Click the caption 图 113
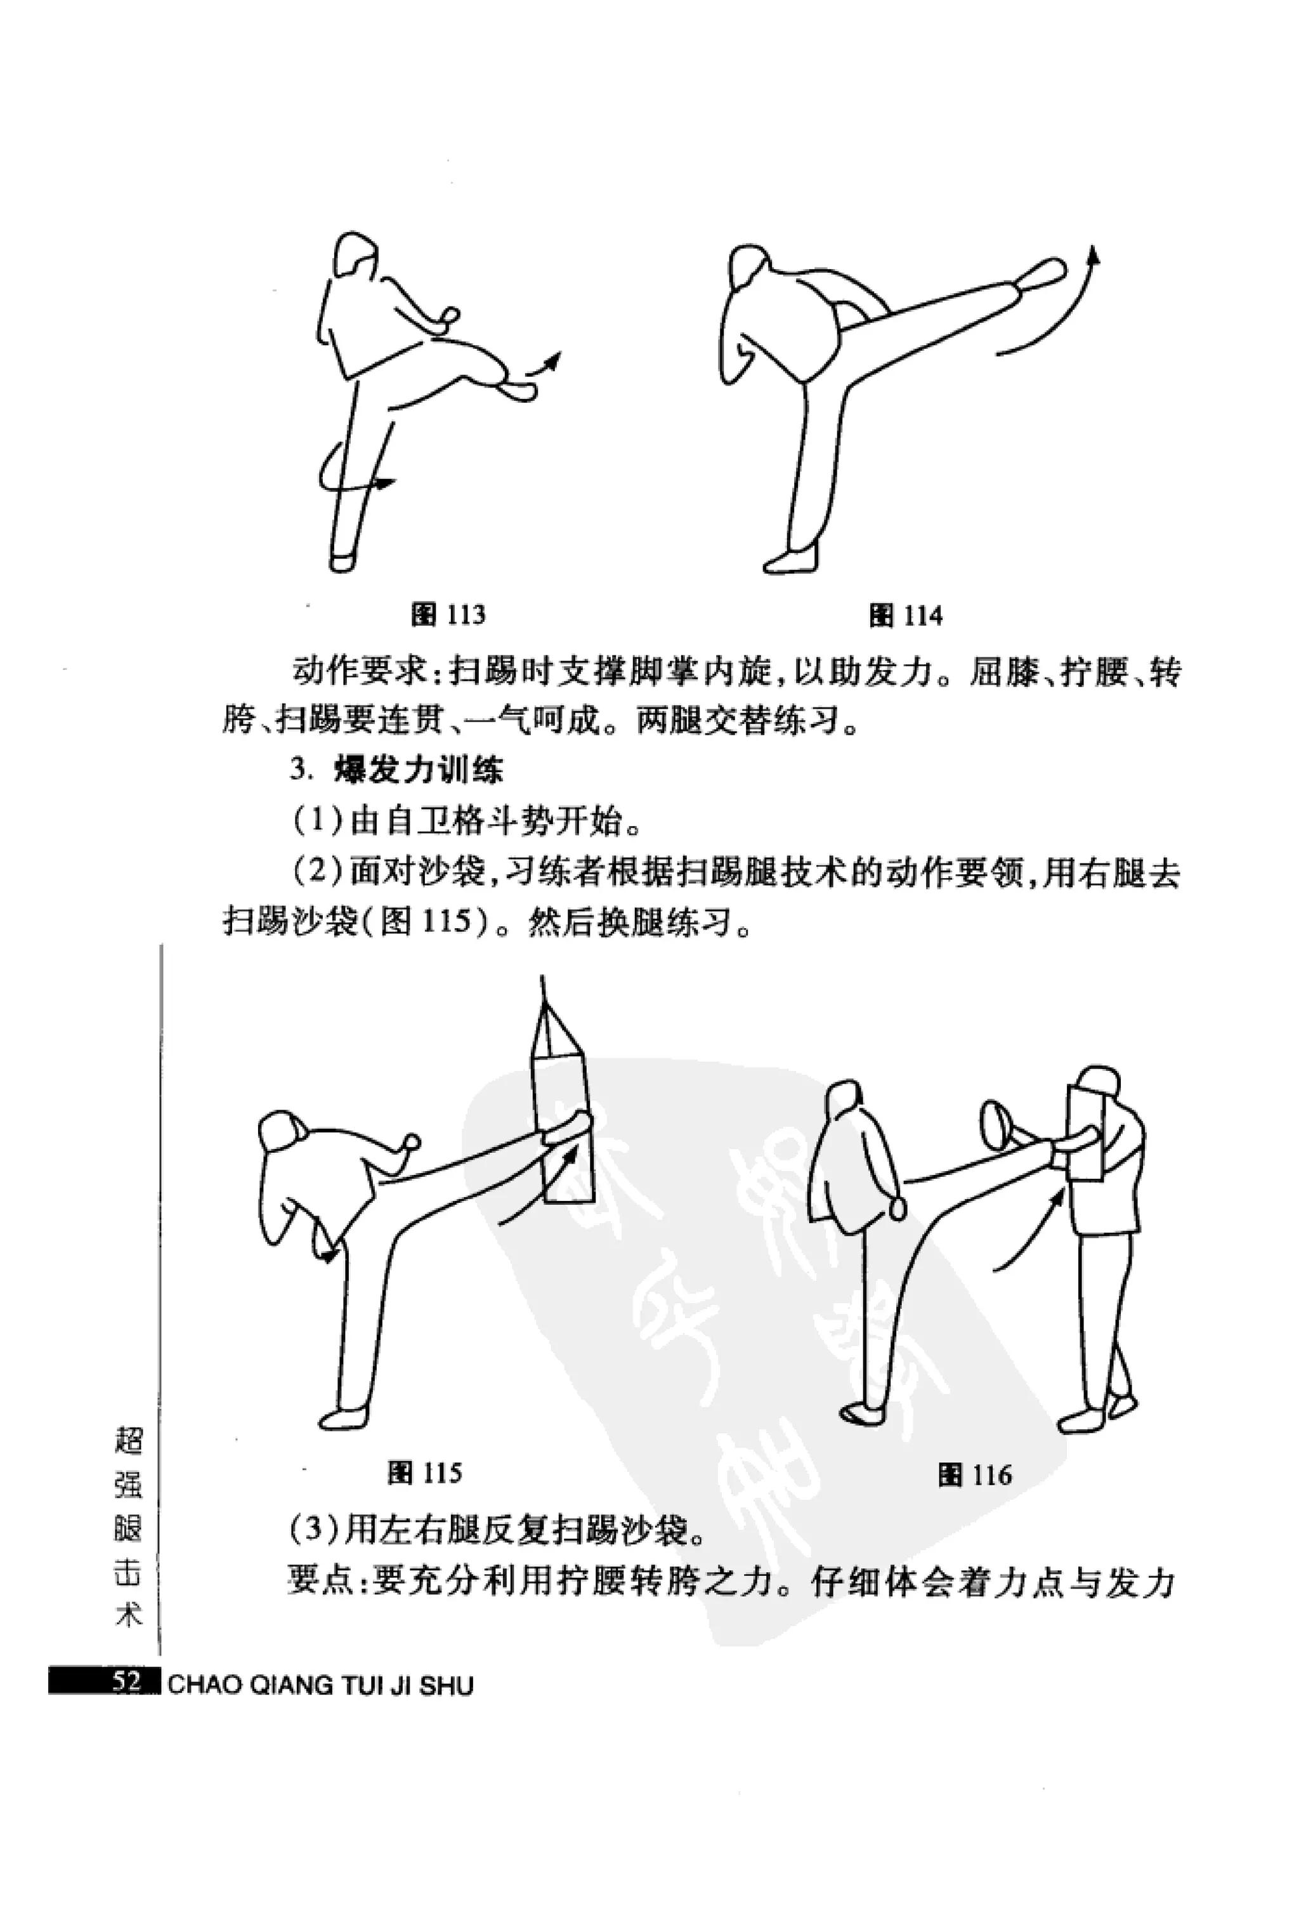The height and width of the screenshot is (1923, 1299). coord(448,615)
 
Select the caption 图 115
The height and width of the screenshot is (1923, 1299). coord(424,1473)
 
